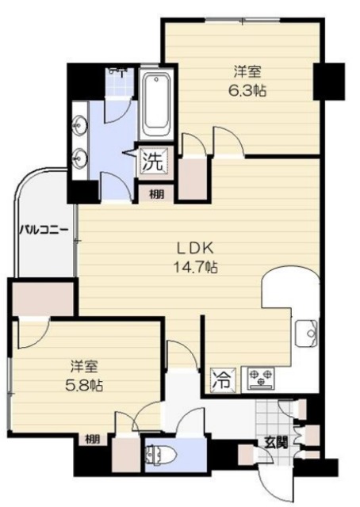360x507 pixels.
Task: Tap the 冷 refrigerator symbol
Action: (x=221, y=379)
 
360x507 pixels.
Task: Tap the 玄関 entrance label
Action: (x=275, y=442)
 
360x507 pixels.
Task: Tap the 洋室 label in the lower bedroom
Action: (x=83, y=367)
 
